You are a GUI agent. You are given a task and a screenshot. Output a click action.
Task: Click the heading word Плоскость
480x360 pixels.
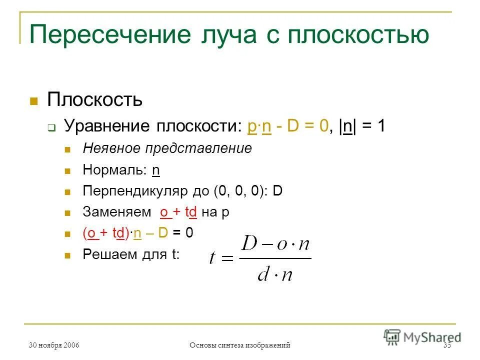(x=95, y=99)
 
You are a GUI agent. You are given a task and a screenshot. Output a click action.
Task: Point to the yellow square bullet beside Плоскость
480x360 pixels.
(x=34, y=100)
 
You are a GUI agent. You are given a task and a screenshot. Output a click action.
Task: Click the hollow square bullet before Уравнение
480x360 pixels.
(x=51, y=128)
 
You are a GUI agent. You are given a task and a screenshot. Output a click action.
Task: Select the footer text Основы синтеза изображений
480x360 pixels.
(x=240, y=345)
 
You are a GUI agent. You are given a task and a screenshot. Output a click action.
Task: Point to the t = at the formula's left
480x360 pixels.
(x=221, y=258)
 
